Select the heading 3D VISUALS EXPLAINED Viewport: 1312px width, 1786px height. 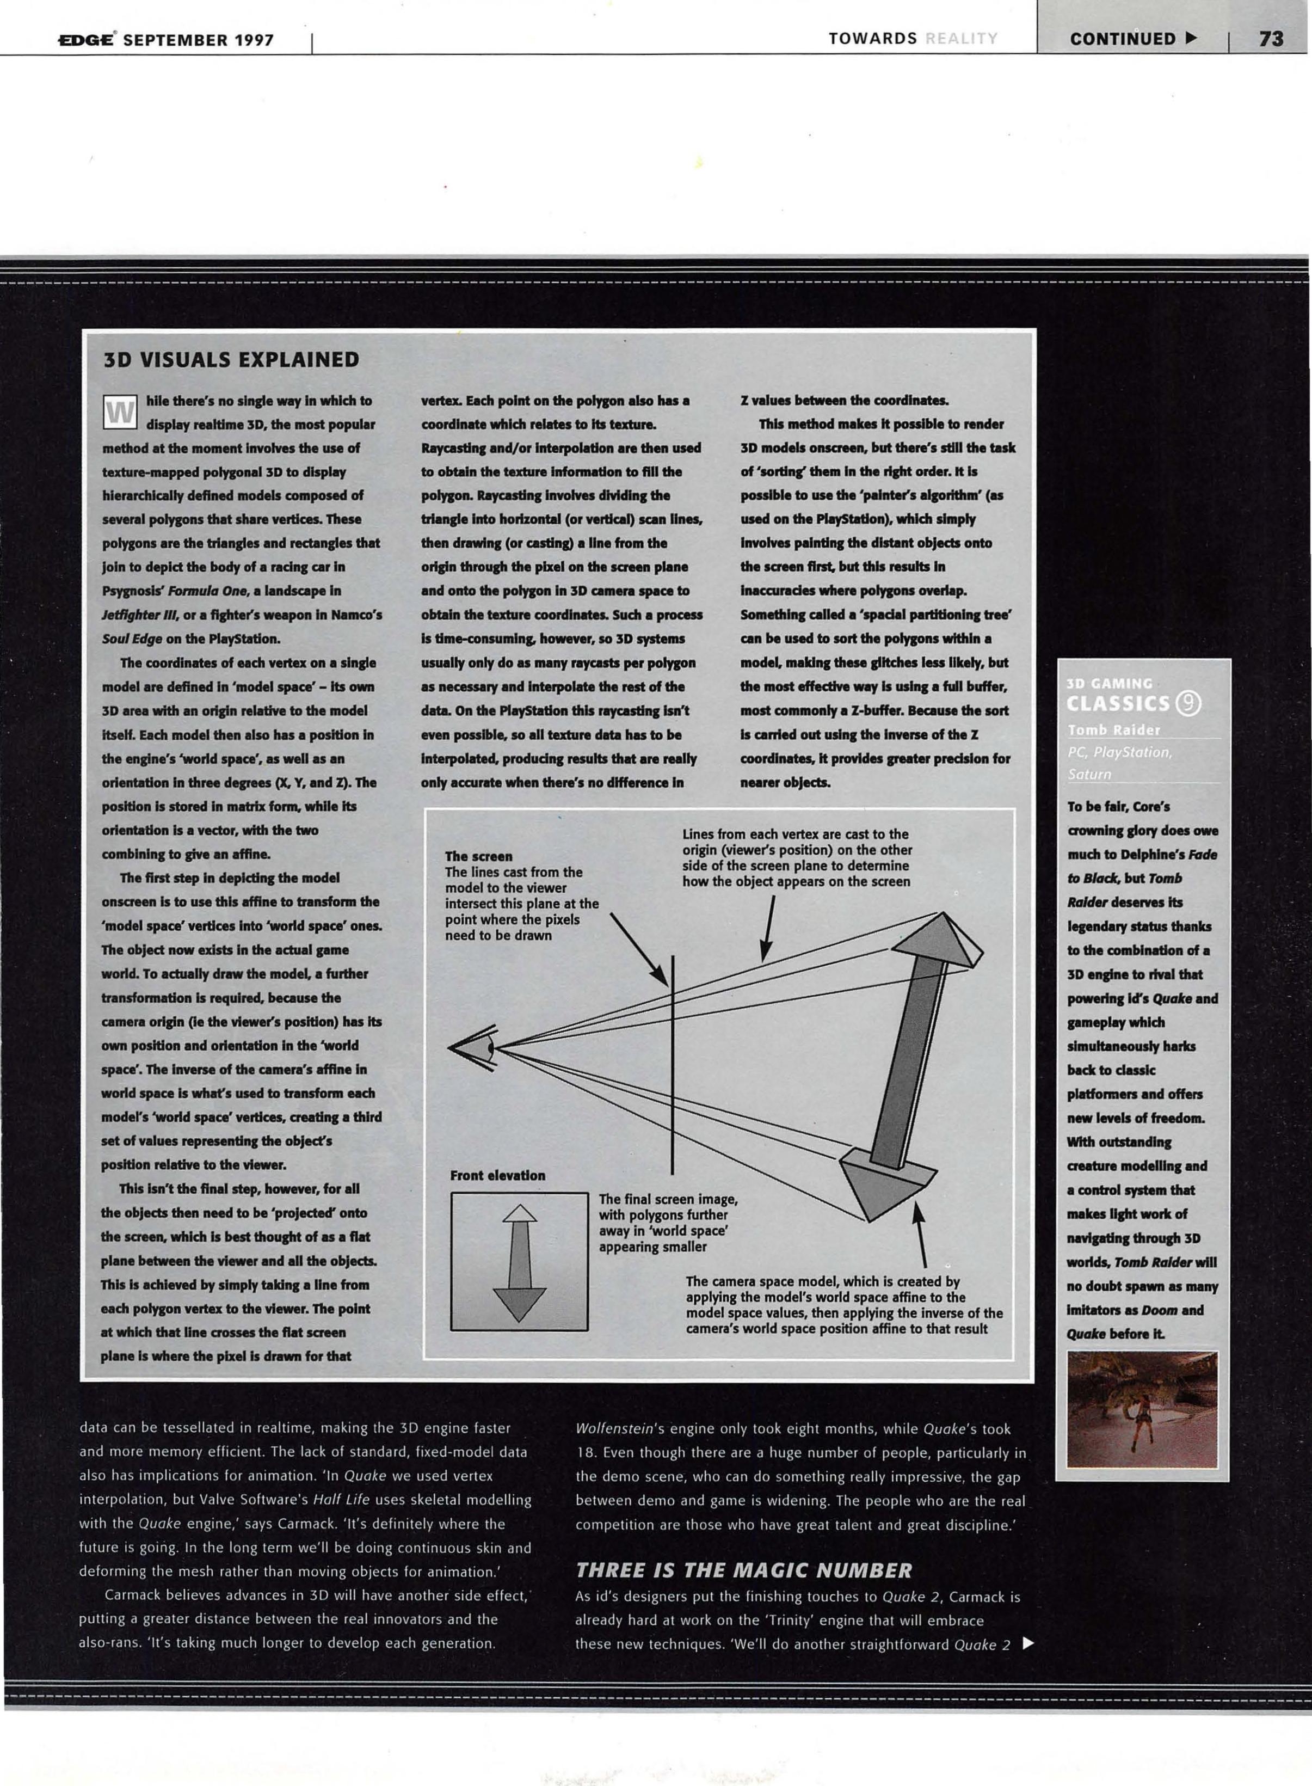pyautogui.click(x=231, y=360)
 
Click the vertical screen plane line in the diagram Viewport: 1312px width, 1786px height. pyautogui.click(x=673, y=1065)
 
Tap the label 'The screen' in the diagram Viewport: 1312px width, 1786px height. pyautogui.click(x=478, y=856)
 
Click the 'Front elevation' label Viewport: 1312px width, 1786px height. pyautogui.click(x=497, y=1175)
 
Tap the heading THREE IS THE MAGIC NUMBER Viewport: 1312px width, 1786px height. pyautogui.click(x=743, y=1570)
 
